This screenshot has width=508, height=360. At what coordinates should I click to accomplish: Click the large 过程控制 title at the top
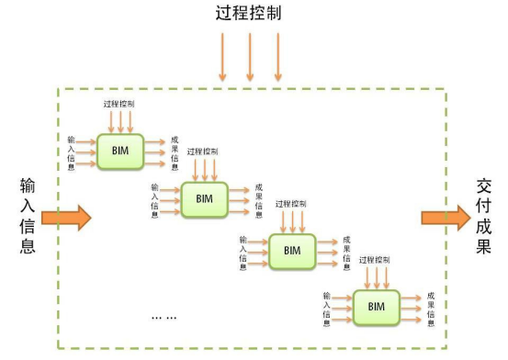250,15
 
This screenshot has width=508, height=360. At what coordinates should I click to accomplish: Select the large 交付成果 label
484,216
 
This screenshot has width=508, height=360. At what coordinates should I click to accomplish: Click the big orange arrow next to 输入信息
67,217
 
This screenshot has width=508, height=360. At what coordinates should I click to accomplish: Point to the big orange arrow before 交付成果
445,217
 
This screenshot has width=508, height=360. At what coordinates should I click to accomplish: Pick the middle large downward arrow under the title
249,57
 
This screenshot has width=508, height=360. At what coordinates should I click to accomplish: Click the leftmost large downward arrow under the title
221,57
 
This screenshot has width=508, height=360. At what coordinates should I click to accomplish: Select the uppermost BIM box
121,151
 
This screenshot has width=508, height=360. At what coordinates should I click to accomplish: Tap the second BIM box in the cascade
204,198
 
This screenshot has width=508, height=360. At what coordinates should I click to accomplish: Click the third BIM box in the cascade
291,250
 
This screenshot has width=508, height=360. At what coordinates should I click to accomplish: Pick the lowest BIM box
376,306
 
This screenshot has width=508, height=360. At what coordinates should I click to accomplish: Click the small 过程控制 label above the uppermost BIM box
120,105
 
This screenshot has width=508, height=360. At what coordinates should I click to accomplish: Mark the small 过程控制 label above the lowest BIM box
376,260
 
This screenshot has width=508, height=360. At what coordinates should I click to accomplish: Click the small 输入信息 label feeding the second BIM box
154,199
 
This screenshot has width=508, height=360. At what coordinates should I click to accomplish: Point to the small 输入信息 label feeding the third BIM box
243,251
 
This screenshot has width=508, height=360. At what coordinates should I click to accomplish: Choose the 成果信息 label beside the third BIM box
345,251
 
